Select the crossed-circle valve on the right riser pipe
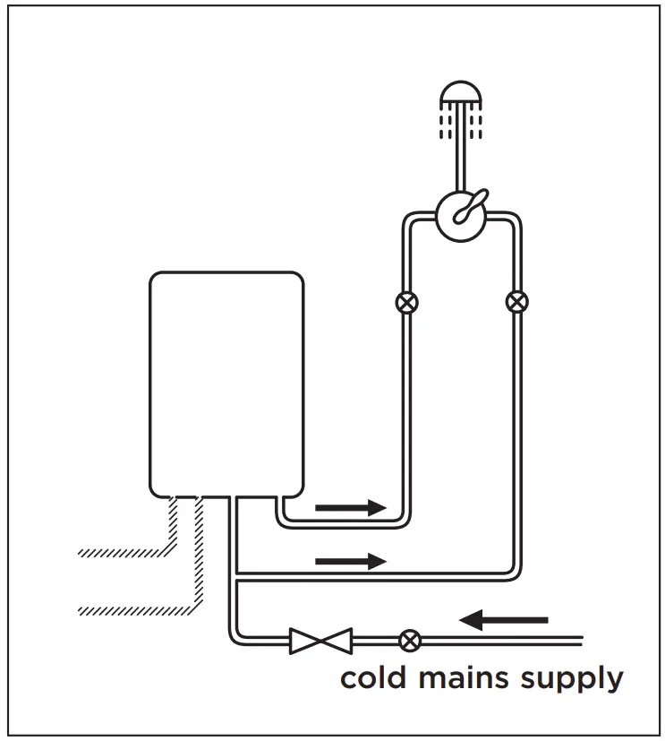pos(516,302)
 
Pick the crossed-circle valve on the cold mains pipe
pos(410,641)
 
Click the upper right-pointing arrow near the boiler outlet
pos(350,507)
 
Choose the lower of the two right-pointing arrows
pos(350,561)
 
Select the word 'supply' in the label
pos(569,680)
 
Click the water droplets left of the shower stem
pos(445,123)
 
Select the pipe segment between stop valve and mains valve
pos(375,641)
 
